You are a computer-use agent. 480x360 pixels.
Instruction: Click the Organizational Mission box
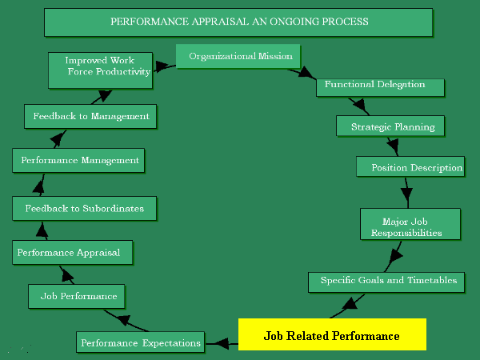(x=238, y=57)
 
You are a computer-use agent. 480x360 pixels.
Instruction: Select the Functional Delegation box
(x=374, y=85)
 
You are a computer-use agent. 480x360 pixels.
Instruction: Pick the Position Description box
(x=410, y=167)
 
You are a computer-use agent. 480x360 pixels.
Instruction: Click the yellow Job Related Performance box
(x=331, y=335)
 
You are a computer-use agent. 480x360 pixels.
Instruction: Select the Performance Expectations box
(x=139, y=342)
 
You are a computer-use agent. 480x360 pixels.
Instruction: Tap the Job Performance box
(x=78, y=296)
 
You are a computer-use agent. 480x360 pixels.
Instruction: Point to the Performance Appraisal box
(x=72, y=253)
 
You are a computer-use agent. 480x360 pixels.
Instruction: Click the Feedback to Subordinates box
(x=84, y=208)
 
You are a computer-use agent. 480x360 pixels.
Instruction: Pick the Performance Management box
(x=79, y=160)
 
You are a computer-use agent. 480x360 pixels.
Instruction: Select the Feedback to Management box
(x=90, y=116)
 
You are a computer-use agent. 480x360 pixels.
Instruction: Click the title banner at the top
(x=239, y=22)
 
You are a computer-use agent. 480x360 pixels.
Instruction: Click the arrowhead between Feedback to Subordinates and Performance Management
(x=38, y=186)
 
